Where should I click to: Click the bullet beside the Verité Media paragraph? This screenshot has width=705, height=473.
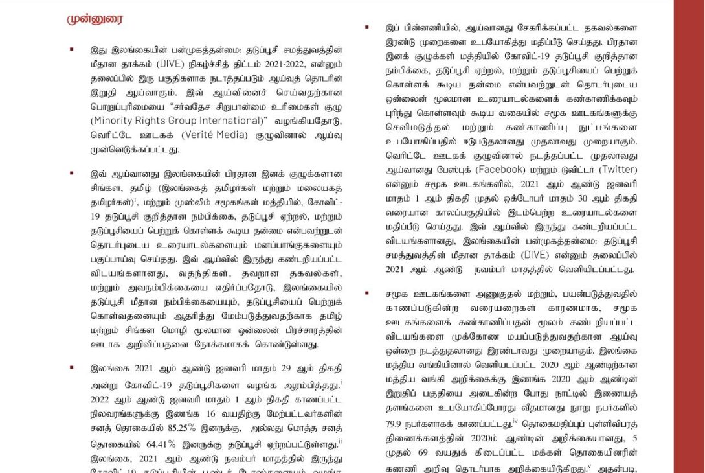[72, 49]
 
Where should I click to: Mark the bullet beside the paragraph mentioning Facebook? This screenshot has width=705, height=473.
[366, 27]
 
